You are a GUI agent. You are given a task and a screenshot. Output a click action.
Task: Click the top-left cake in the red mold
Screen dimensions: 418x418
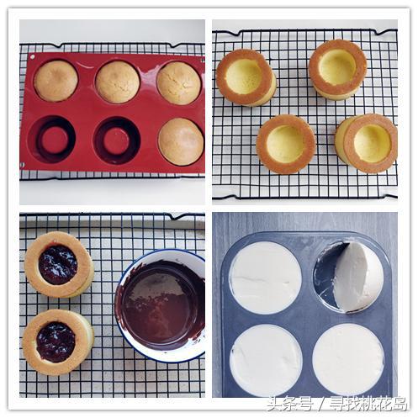[x=56, y=81]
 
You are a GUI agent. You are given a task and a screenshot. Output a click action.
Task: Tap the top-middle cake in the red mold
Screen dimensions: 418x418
[x=118, y=82]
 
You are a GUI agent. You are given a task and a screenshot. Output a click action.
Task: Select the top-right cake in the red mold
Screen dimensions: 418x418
[x=178, y=83]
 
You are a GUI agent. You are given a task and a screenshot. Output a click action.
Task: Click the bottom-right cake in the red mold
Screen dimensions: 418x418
[x=181, y=141]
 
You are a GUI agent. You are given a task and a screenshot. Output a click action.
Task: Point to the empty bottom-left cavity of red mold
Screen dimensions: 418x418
[x=52, y=140]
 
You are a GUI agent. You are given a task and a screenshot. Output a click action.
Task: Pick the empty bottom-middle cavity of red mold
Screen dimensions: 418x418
[x=117, y=140]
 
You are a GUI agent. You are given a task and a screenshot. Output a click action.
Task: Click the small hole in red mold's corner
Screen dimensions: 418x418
[x=33, y=57]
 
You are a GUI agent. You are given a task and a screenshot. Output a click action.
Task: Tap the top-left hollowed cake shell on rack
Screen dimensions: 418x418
[x=246, y=77]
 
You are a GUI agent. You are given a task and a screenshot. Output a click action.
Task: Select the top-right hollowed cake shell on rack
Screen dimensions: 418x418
[x=338, y=69]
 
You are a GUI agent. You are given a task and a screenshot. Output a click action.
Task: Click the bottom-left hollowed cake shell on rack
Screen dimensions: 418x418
[x=286, y=144]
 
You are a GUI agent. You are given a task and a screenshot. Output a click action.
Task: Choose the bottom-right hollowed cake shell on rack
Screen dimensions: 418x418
[x=366, y=143]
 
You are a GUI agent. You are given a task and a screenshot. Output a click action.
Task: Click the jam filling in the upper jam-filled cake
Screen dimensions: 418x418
[x=58, y=265]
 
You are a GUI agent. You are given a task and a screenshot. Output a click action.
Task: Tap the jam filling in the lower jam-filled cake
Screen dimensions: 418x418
[x=56, y=341]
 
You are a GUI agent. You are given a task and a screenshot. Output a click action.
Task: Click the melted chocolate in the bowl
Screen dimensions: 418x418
[x=162, y=304]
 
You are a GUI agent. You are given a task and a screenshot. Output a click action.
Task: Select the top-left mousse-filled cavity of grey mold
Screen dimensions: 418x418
[x=266, y=278]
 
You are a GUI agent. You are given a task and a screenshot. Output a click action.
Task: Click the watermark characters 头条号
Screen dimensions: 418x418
[x=289, y=404]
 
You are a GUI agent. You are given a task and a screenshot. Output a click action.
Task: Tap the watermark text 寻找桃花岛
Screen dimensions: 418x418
[x=368, y=404]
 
